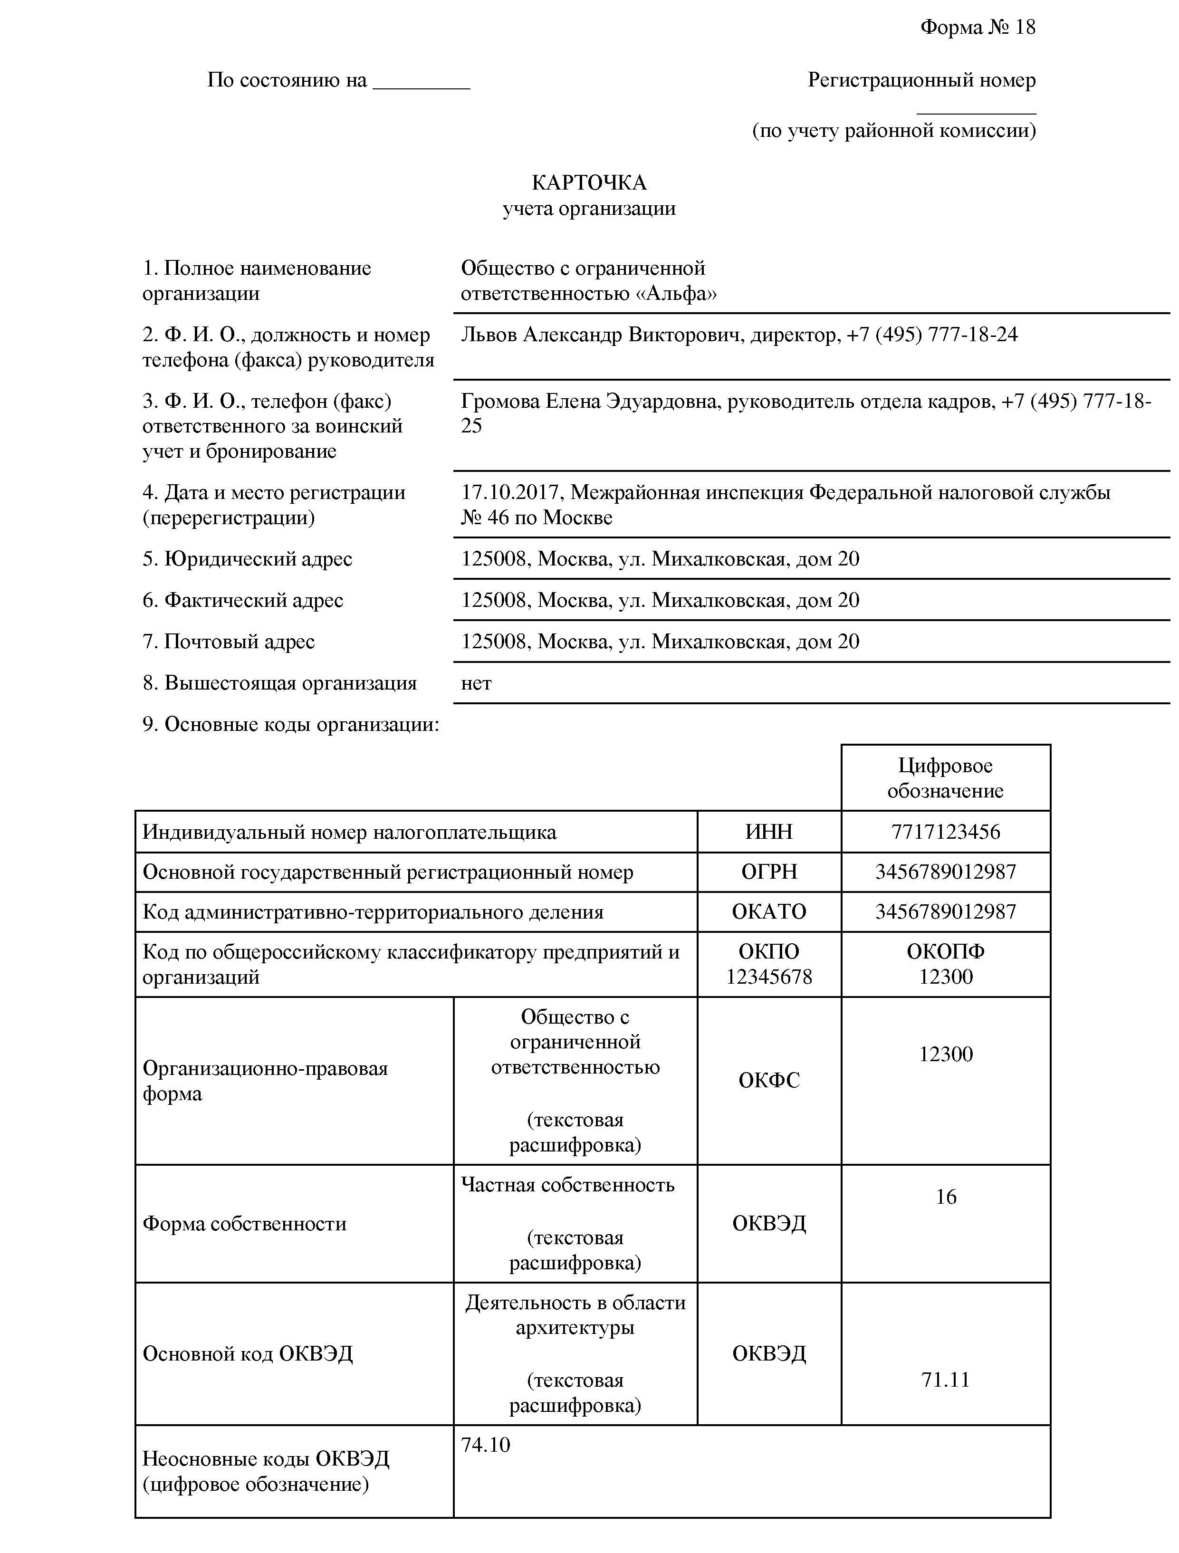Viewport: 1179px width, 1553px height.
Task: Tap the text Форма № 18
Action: pyautogui.click(x=978, y=28)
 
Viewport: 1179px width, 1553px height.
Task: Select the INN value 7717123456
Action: pyautogui.click(x=945, y=832)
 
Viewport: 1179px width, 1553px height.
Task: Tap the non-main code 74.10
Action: pyautogui.click(x=485, y=1445)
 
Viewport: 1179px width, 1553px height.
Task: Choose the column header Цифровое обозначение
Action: pyautogui.click(x=945, y=778)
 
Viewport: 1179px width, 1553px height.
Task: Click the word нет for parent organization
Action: pyautogui.click(x=476, y=683)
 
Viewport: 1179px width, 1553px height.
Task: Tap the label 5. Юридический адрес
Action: pyautogui.click(x=247, y=559)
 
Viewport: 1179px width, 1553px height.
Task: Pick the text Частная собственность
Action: pyautogui.click(x=567, y=1185)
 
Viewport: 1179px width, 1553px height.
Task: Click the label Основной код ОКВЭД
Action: pyautogui.click(x=247, y=1353)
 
